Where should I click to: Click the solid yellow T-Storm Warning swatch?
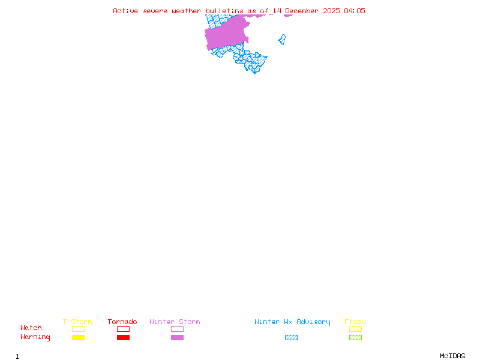point(78,338)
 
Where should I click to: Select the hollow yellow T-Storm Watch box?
point(78,329)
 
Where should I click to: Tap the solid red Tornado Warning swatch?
point(123,338)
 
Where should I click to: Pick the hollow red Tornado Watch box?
point(123,329)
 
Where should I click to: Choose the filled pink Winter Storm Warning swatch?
point(177,338)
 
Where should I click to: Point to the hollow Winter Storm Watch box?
point(177,329)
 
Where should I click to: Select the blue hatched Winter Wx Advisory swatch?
point(291,338)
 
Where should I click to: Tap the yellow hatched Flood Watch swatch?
point(355,329)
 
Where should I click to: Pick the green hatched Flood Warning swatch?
point(355,338)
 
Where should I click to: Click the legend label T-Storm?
point(77,322)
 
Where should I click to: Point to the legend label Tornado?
point(122,322)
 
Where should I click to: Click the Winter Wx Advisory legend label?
point(292,322)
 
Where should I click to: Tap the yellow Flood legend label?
point(355,322)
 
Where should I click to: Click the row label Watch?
point(31,328)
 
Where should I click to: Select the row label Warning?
point(35,337)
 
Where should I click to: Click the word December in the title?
point(303,11)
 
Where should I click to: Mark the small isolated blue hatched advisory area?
point(281,40)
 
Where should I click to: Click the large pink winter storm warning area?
point(227,33)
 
